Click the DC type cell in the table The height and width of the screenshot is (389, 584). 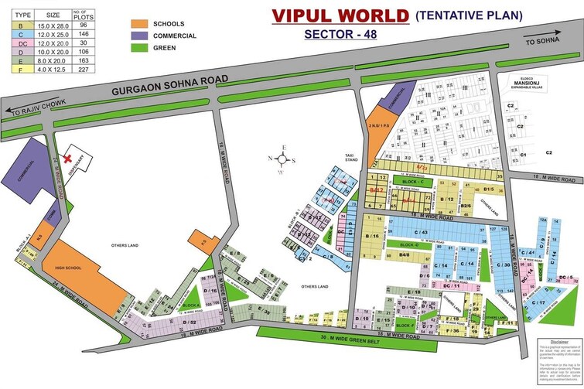tap(15, 44)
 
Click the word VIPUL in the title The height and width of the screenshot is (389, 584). tap(299, 15)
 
